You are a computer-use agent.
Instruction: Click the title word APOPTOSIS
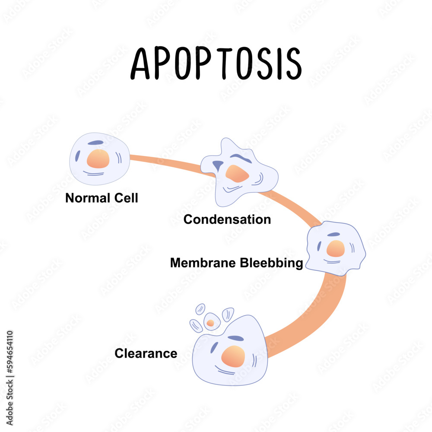216,64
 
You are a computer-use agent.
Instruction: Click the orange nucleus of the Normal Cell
98,159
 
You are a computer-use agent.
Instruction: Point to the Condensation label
227,219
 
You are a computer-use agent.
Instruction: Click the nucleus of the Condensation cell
237,173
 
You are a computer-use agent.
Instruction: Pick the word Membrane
202,263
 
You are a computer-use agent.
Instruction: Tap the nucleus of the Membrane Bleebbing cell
335,249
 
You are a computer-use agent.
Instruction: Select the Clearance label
146,353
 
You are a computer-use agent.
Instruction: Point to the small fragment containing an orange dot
211,322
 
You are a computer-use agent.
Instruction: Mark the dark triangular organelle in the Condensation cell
219,165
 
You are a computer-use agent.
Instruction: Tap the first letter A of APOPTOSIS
141,64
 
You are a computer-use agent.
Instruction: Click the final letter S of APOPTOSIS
292,64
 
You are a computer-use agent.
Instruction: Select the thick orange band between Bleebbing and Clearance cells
320,315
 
